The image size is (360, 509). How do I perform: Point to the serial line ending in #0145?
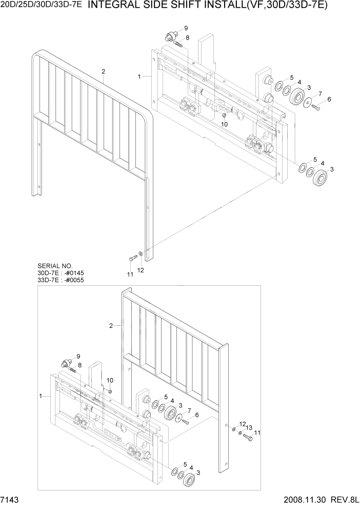[x=61, y=273]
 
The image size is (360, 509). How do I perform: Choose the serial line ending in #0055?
[x=61, y=280]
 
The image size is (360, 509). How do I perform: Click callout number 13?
[x=249, y=427]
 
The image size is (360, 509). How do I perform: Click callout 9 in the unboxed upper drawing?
[x=186, y=28]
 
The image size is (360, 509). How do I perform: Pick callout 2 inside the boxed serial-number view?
[x=111, y=325]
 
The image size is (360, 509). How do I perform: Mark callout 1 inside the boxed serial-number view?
[x=41, y=396]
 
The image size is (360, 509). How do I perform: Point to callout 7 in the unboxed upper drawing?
[x=320, y=93]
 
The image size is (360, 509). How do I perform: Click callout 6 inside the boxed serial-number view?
[x=196, y=415]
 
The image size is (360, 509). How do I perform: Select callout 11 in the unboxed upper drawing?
[x=130, y=275]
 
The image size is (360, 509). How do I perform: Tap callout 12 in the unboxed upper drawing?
[x=141, y=270]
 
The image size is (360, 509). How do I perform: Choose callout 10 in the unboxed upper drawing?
[x=224, y=124]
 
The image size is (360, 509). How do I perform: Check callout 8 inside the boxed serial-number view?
[x=79, y=365]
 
